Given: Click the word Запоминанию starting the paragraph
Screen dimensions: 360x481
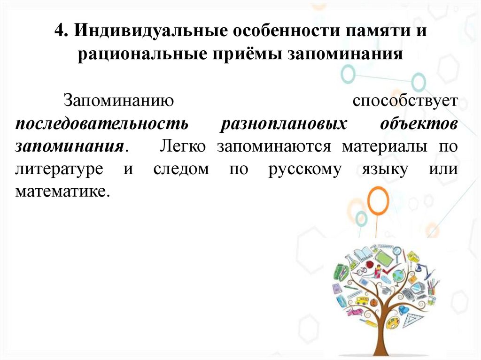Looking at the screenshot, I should coord(120,100).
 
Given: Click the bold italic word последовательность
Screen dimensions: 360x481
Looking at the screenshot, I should coord(102,123).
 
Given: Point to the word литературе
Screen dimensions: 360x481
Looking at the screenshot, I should coord(59,169).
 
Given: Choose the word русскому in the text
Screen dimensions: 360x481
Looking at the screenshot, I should coord(305,169).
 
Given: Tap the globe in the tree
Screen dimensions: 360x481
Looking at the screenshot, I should coord(398,273).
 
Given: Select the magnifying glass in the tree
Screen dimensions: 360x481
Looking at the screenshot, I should coord(397,253).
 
